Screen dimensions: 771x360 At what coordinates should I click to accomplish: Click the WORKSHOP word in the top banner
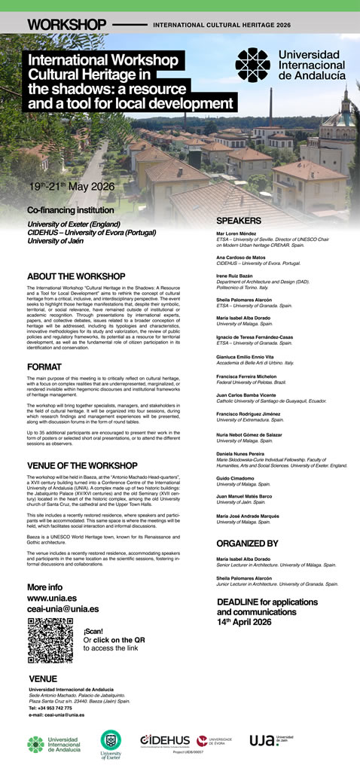[64, 25]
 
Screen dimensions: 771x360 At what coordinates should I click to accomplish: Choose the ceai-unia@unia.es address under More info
[63, 608]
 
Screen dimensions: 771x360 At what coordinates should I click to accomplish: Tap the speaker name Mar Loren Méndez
[236, 234]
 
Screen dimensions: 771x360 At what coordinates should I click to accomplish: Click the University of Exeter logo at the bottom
[111, 742]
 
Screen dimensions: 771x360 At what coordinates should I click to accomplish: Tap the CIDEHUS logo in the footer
[164, 740]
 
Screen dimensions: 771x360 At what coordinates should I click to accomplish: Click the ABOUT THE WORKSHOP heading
[75, 276]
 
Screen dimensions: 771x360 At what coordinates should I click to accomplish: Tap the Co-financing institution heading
[70, 210]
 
